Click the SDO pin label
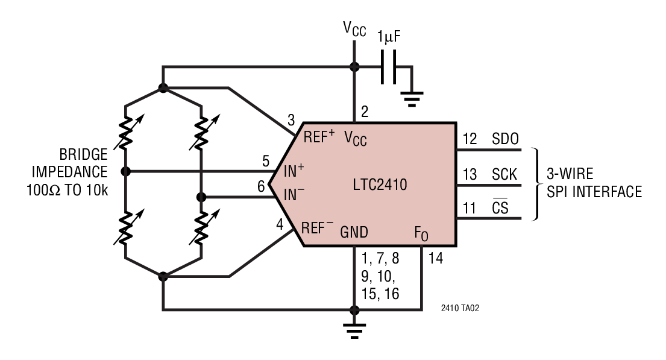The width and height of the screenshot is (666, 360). click(505, 140)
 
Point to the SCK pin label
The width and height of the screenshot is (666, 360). click(504, 175)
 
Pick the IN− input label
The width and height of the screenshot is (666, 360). click(294, 194)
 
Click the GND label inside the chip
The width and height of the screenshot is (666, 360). click(354, 232)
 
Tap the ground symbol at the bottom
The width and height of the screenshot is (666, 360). click(354, 329)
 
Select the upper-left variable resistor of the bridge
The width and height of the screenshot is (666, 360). click(125, 133)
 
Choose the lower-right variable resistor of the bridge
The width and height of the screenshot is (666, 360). click(201, 228)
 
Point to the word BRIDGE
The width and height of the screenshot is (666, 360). click(83, 154)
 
